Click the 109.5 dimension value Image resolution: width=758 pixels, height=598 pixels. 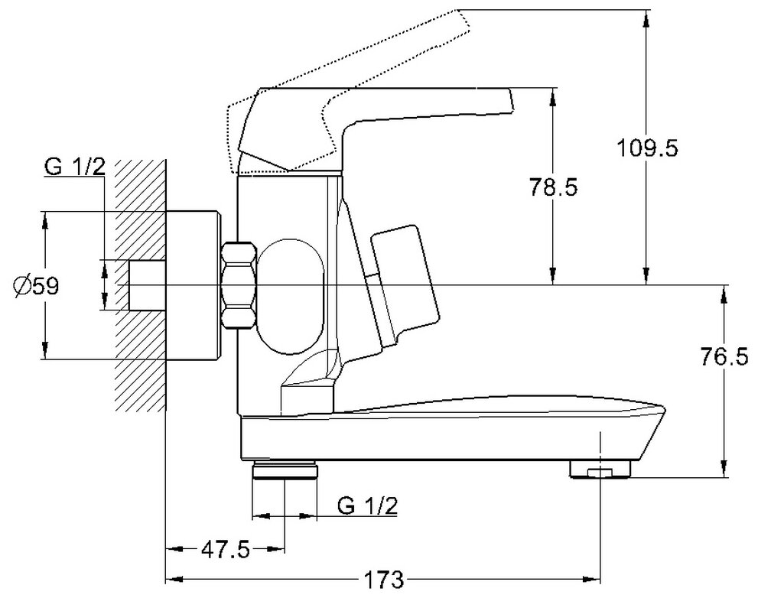click(x=647, y=148)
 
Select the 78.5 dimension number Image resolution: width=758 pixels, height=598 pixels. click(x=552, y=186)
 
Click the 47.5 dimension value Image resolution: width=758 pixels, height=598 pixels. click(x=226, y=549)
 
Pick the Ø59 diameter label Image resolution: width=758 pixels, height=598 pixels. click(x=36, y=286)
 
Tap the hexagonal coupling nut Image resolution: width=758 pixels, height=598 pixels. click(x=239, y=284)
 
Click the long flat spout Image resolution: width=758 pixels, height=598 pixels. click(x=459, y=424)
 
